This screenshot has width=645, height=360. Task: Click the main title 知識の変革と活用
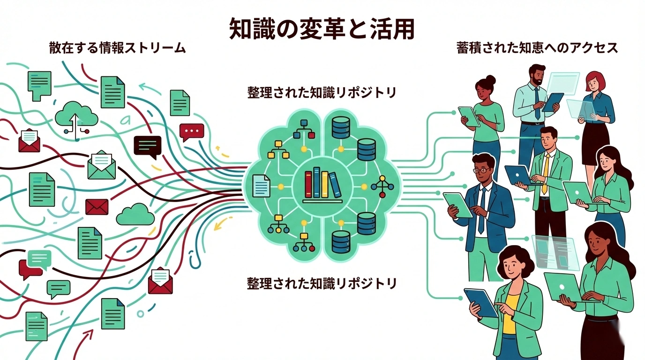[322, 30]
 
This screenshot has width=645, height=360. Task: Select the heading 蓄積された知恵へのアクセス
[537, 48]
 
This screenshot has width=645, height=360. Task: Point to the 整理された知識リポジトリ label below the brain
[322, 283]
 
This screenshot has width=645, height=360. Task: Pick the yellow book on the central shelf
[324, 184]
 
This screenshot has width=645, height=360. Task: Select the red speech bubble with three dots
[191, 131]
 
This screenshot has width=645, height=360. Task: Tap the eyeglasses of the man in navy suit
[483, 170]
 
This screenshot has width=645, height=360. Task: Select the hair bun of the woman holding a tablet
[490, 79]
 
